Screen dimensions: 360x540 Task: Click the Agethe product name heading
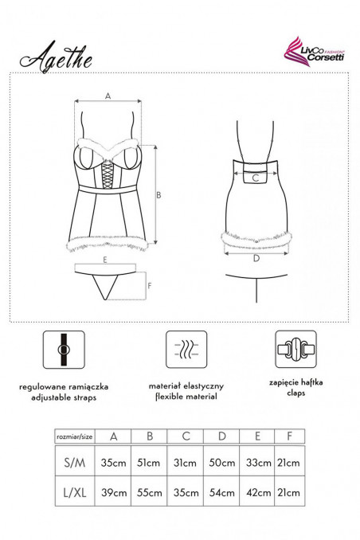coord(56,57)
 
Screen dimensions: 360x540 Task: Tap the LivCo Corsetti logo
coord(314,52)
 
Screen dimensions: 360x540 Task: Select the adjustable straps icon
coord(64,350)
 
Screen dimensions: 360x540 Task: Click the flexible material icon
coord(186,350)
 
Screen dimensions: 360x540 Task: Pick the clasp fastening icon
coord(295,349)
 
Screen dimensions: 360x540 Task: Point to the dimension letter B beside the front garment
coord(158,195)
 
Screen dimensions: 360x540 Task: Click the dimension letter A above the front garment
coord(108,96)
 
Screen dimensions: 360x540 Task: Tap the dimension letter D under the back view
coord(256,258)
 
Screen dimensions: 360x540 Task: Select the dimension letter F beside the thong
coord(150,286)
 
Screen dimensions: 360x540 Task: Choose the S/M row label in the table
coord(75,462)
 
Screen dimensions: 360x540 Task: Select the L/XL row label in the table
coord(75,492)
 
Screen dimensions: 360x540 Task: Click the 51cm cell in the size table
coord(148,462)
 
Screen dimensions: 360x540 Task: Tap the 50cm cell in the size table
coord(222,462)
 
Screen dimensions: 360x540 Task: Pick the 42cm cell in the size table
coord(258,492)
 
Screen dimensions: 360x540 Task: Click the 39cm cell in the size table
coord(114,492)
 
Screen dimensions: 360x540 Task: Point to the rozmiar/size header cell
coord(75,436)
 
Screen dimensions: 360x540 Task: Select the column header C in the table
coord(186,436)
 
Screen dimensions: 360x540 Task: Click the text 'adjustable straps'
coord(64,397)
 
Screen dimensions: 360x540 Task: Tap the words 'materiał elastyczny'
coord(186,386)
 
